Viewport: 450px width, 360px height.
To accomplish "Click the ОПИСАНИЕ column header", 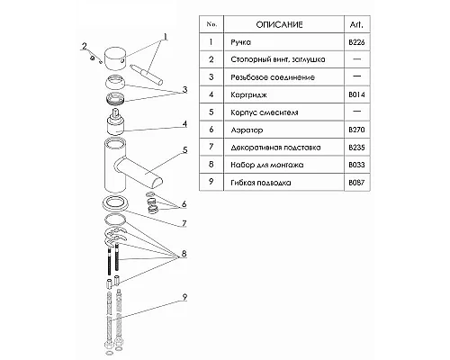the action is tap(279, 24).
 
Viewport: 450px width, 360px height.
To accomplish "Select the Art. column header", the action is tap(356, 24).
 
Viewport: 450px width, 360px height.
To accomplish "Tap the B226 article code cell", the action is tap(356, 42).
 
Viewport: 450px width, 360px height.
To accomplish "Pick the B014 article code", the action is tap(356, 94).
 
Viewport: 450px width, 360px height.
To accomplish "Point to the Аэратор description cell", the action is tap(247, 130).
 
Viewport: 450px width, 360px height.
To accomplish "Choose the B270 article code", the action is tap(356, 130).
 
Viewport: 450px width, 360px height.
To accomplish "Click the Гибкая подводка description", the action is tap(261, 183).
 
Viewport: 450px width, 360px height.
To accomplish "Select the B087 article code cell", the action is tap(356, 183).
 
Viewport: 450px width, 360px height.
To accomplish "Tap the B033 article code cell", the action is tap(356, 165).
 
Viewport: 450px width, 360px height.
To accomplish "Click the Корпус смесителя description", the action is tap(265, 112).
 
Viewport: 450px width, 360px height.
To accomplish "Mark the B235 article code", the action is tap(356, 148).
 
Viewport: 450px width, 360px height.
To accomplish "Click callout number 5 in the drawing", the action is tap(184, 150).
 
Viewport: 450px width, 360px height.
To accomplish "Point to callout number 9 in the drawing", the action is tap(184, 297).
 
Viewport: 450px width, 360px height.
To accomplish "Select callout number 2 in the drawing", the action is tap(85, 46).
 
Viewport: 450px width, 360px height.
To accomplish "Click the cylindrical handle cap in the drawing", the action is tap(115, 58).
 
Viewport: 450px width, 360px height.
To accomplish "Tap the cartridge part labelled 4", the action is tap(115, 121).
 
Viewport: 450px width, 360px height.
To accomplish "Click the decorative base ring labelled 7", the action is tap(115, 202).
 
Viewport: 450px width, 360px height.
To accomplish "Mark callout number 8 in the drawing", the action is tap(182, 254).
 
